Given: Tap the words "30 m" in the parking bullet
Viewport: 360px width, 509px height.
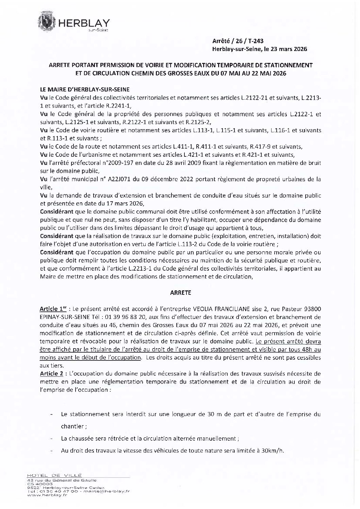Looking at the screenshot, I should (x=209, y=415).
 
